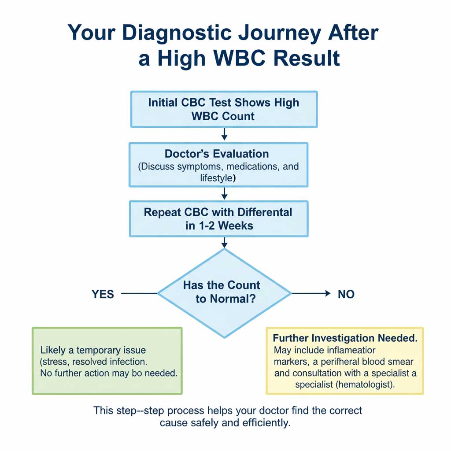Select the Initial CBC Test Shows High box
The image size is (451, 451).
224,109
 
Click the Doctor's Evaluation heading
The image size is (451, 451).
216,154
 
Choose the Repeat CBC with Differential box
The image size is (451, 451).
218,218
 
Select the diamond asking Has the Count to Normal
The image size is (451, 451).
224,292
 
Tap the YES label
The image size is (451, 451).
103,294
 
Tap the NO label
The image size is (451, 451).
346,294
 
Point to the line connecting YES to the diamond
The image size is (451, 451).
139,293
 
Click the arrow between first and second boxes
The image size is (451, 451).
224,134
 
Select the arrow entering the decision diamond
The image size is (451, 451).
224,242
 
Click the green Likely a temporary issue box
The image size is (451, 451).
107,360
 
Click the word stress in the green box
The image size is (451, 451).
56,362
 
